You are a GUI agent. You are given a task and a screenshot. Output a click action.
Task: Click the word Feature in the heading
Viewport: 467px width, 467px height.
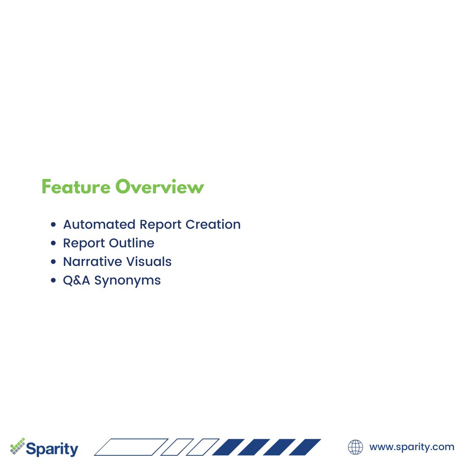point(76,187)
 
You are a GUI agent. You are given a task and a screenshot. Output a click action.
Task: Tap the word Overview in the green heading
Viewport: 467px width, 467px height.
point(159,187)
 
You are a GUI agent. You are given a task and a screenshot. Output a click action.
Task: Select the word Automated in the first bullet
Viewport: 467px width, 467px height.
point(99,224)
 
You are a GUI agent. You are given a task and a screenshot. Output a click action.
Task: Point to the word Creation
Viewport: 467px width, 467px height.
point(213,224)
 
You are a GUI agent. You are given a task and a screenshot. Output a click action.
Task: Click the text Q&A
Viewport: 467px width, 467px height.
point(77,280)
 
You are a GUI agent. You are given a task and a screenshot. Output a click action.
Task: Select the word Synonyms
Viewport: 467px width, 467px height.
point(128,281)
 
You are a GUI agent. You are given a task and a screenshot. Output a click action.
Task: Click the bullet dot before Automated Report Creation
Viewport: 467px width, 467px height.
point(54,225)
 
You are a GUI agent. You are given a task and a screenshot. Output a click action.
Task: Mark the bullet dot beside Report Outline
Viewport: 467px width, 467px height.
point(54,243)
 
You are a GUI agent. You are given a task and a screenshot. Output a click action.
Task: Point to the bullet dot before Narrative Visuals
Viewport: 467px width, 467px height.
point(54,262)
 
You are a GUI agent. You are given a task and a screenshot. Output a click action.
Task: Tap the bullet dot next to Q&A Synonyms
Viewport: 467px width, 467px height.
point(54,281)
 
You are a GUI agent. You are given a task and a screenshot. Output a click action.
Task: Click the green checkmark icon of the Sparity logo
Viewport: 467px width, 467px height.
point(18,446)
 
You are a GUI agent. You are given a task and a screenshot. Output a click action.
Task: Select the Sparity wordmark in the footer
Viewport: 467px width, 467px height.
point(52,448)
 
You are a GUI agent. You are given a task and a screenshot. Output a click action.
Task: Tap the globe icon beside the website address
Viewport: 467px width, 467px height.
point(355,447)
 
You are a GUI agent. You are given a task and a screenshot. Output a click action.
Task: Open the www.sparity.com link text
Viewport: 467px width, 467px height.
point(411,447)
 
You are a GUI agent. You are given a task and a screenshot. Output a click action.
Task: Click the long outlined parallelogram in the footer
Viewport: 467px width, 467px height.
point(131,447)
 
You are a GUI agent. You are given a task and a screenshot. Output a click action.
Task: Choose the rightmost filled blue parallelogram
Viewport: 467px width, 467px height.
point(305,447)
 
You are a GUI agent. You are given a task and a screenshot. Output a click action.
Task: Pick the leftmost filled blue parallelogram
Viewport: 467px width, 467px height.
point(228,447)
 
